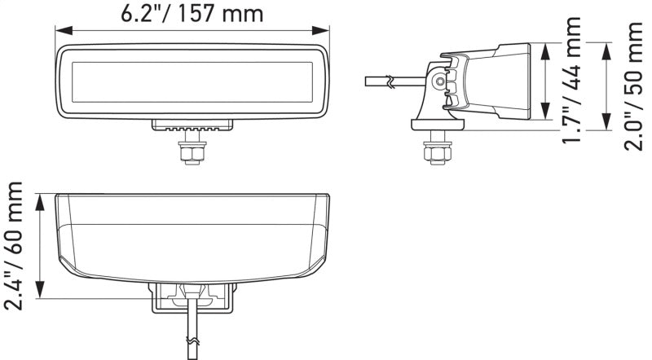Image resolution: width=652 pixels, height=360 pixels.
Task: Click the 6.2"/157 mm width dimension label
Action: coord(192,14)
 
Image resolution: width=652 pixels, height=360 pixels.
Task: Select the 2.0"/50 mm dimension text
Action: coord(634,86)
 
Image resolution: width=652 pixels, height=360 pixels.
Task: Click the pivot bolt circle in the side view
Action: coord(440,81)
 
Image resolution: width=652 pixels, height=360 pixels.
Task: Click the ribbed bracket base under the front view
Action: coord(192,126)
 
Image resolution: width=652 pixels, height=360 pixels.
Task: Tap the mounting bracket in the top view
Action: coord(192,298)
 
